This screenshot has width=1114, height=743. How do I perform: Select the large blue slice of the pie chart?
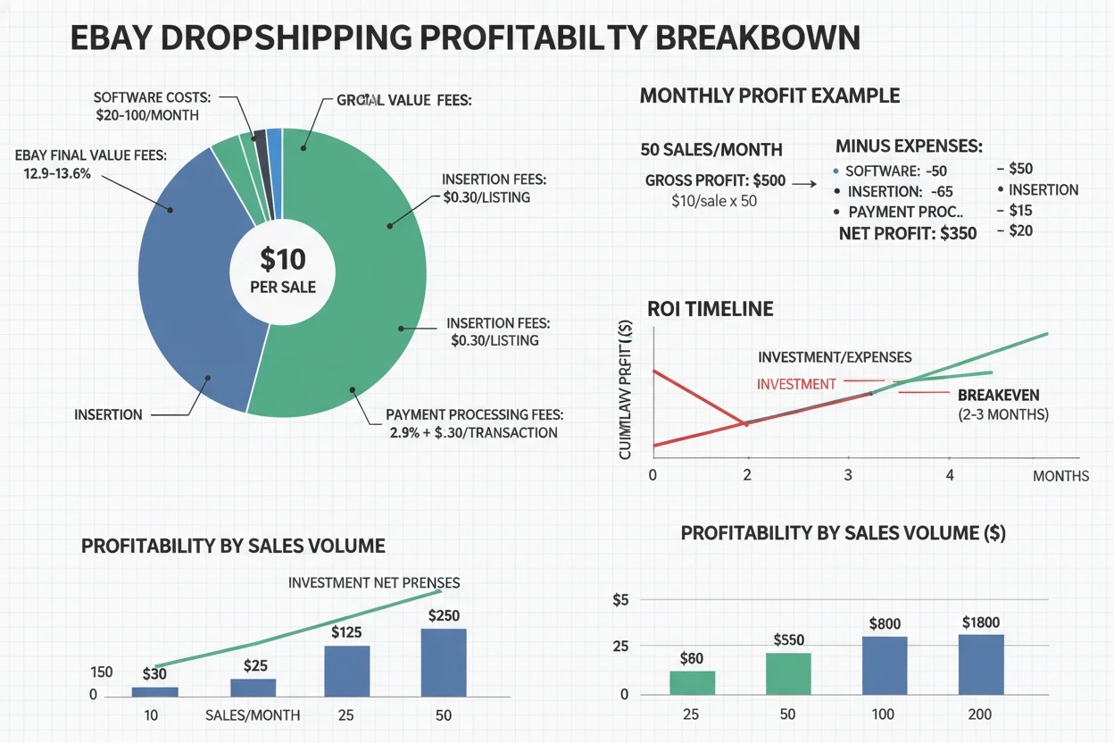[x=192, y=286]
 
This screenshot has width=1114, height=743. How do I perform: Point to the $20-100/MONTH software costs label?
[x=147, y=115]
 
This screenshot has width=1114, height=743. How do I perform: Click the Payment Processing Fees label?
[x=474, y=415]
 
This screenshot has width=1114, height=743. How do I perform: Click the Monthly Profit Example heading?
[x=769, y=96]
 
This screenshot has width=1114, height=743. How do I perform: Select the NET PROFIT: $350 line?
[x=908, y=233]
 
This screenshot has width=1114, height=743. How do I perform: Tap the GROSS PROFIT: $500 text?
[x=715, y=180]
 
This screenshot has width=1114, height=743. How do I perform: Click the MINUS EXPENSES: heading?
[x=909, y=145]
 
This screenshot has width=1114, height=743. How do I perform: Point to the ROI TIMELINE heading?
[x=710, y=309]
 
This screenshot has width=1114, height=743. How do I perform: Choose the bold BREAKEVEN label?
[x=998, y=395]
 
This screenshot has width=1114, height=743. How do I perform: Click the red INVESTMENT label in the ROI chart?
[x=795, y=384]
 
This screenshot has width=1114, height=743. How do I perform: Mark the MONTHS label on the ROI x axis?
[x=1060, y=476]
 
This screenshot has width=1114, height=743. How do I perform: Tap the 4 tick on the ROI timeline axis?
[x=950, y=475]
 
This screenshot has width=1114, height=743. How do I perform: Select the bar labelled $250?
[x=444, y=662]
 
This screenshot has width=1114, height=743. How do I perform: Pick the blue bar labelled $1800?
[x=981, y=664]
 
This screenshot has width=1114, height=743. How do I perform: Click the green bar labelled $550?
[x=788, y=673]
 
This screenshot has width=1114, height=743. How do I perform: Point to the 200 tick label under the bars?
[x=980, y=715]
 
